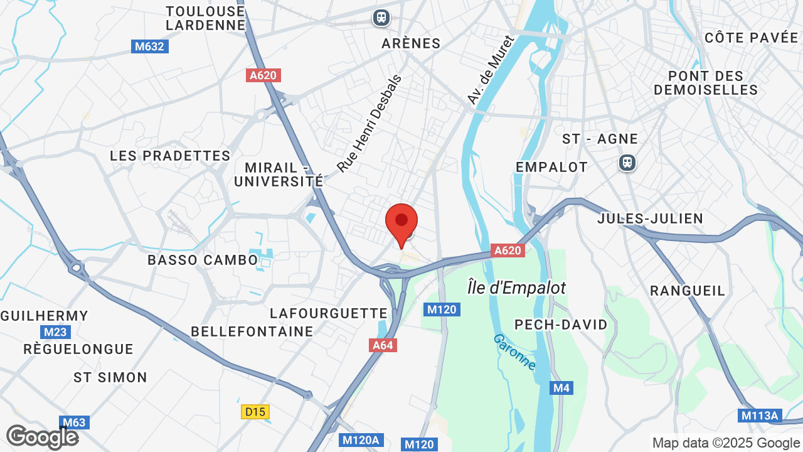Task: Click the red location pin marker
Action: click(x=401, y=223)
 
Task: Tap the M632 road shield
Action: click(x=150, y=46)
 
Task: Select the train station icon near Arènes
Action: click(x=381, y=18)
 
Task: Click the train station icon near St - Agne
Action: click(x=627, y=163)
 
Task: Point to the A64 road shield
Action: click(x=383, y=345)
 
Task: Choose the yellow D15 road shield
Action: click(x=255, y=412)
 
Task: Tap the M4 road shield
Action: click(x=561, y=388)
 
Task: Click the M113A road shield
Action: click(x=760, y=416)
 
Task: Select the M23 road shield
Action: click(x=55, y=332)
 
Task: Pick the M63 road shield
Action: click(x=74, y=422)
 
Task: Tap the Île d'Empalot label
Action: click(x=516, y=288)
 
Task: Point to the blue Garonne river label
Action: click(x=515, y=352)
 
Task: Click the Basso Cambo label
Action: click(x=203, y=260)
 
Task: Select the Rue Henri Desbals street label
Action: click(x=369, y=123)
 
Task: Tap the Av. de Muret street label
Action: click(x=490, y=70)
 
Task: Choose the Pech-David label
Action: click(x=561, y=325)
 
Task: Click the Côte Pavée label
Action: click(x=751, y=38)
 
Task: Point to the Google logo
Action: click(x=42, y=437)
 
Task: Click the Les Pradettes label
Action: click(x=170, y=156)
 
